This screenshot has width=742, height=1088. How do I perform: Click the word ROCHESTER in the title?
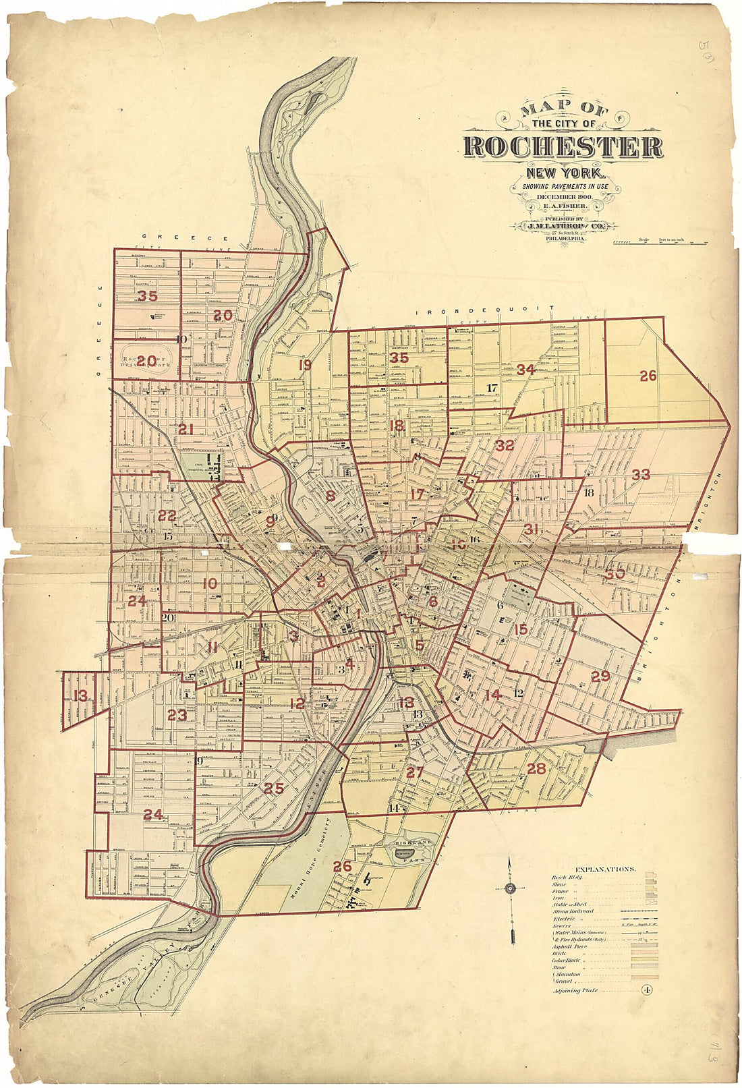coord(563,147)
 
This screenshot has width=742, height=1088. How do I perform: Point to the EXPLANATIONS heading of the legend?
coord(604,869)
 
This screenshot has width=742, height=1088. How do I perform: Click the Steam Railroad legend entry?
coord(573,911)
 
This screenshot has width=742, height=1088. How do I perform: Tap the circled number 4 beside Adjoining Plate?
coord(646,990)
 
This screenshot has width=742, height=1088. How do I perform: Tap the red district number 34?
coord(525,370)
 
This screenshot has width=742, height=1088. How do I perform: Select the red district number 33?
coord(640,475)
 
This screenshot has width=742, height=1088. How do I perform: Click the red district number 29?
coord(600,677)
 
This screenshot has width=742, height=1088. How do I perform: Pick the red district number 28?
coord(536,768)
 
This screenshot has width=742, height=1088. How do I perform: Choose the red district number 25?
coord(273,788)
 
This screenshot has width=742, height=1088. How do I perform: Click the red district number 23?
coord(177,716)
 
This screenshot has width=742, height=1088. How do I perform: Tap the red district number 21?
coord(185,428)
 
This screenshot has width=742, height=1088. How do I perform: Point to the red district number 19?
coord(305,365)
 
